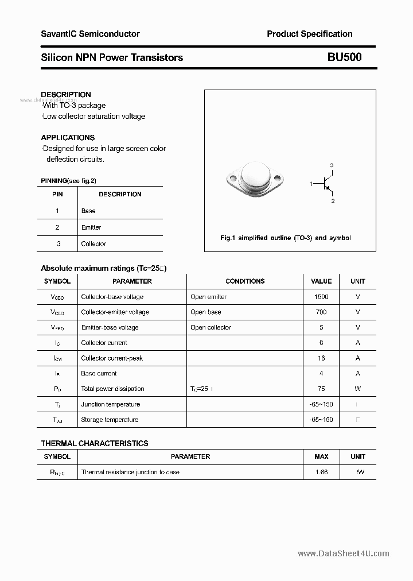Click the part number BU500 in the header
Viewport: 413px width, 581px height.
(x=344, y=57)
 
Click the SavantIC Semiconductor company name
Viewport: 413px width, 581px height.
(x=90, y=34)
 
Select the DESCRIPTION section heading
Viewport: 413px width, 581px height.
(x=66, y=95)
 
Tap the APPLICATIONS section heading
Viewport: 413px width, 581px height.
(x=68, y=138)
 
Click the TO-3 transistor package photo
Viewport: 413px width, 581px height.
(x=255, y=177)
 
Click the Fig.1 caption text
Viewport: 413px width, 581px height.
(x=286, y=238)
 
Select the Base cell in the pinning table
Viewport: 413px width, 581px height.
(x=88, y=211)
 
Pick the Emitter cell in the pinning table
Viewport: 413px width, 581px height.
(x=91, y=227)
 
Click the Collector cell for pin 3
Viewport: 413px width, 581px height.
(x=93, y=243)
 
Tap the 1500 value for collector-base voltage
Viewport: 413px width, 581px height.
(x=321, y=297)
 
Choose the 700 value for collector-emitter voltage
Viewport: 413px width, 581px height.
(x=321, y=312)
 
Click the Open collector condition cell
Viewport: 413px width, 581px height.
(x=211, y=327)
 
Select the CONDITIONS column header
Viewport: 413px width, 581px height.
(x=245, y=281)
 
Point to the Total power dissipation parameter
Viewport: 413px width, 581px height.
(x=112, y=389)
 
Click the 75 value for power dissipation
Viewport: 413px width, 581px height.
(x=321, y=389)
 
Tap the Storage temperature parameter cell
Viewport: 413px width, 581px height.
(x=110, y=420)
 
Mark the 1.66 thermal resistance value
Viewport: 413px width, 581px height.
(x=321, y=472)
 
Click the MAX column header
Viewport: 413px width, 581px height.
(x=321, y=456)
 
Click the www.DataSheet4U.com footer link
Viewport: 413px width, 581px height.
(x=344, y=553)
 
